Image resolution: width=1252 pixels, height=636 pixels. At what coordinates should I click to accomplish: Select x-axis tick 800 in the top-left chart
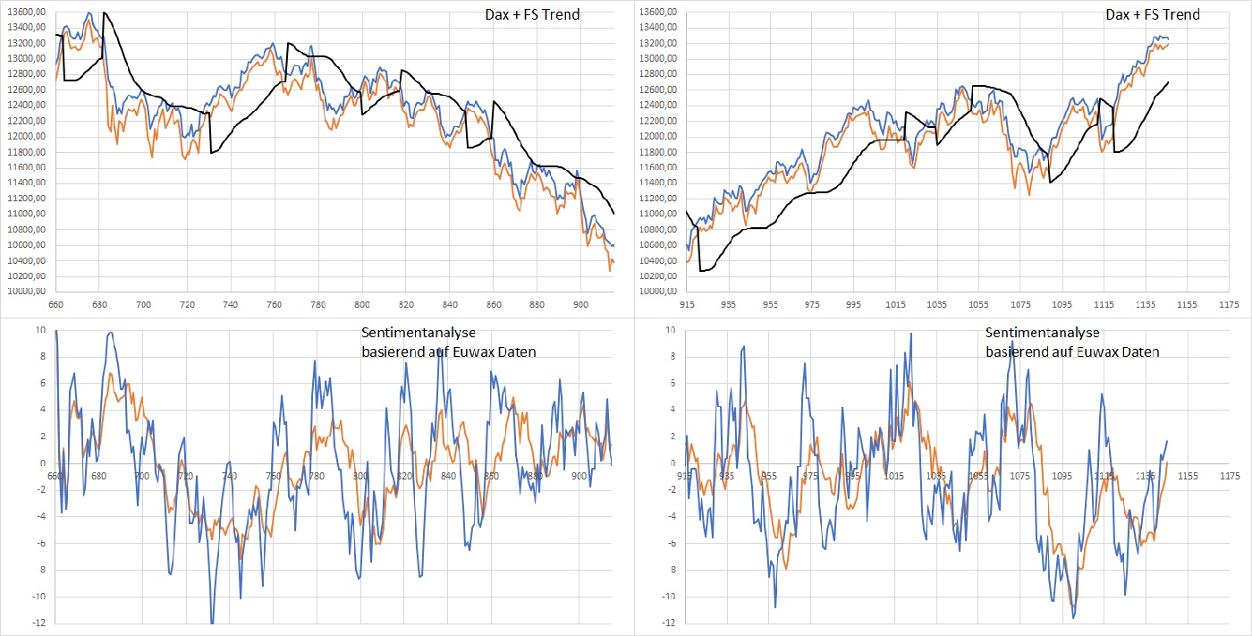[361, 303]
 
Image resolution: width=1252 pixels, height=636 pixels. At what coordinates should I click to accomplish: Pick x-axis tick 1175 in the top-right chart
[1229, 303]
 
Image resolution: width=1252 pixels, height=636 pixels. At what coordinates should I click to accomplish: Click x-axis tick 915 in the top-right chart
[687, 303]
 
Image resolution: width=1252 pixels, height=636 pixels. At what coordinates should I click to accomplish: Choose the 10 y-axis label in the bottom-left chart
[40, 330]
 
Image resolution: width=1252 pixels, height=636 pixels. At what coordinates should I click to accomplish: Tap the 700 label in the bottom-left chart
[141, 475]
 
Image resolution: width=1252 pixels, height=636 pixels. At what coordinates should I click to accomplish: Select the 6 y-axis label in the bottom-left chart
[42, 383]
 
